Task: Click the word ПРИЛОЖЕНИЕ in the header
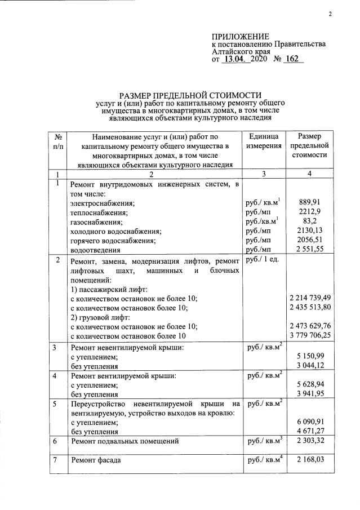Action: click(x=237, y=36)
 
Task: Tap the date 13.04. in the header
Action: click(x=236, y=59)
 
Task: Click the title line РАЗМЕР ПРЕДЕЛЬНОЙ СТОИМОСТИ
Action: click(x=190, y=96)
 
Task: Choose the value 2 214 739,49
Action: click(x=309, y=298)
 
